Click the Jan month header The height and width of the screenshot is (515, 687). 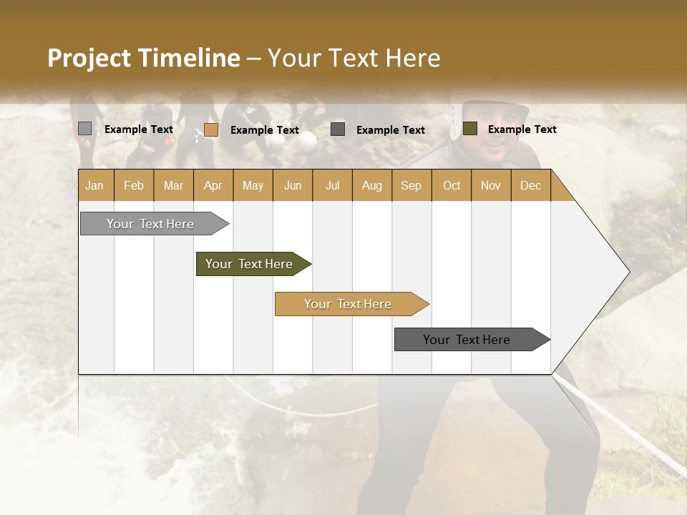pos(94,186)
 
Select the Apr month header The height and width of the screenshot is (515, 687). pos(213,186)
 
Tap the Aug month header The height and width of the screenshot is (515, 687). pos(371,186)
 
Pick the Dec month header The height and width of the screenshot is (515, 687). pos(530,186)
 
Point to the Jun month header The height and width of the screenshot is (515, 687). pos(292,186)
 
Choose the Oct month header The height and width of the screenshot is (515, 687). pos(451,186)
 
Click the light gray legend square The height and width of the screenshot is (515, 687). pos(84,129)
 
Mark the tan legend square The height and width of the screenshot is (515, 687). pos(210,129)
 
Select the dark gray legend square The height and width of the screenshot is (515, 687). pos(338,129)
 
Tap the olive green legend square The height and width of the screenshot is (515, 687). pos(469,129)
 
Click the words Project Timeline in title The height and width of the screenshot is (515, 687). pos(143,58)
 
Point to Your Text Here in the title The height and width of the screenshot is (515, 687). pos(354,58)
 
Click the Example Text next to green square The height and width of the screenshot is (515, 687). pos(522,129)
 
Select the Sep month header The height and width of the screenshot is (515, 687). pos(411,186)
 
